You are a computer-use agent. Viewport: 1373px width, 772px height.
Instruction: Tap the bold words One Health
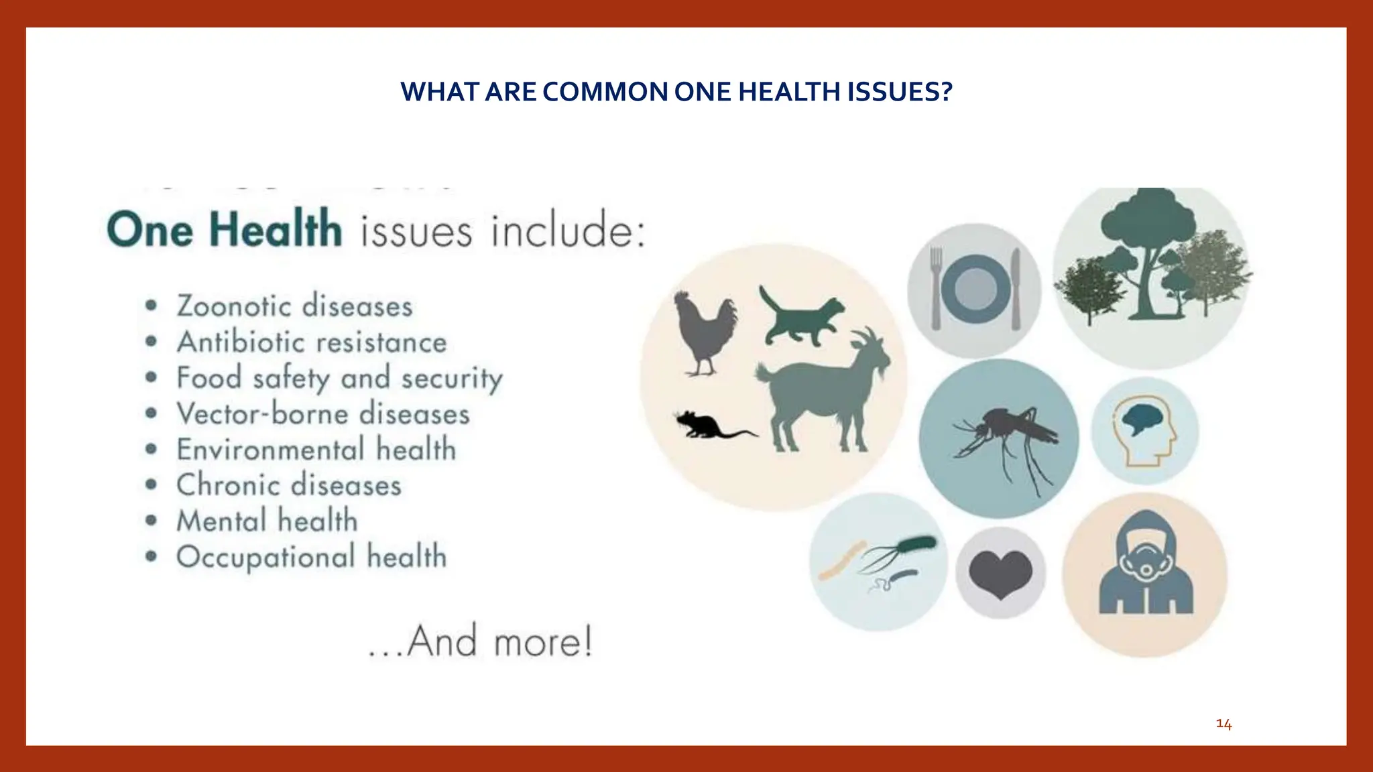tap(224, 230)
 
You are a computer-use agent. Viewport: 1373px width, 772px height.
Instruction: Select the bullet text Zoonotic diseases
tap(294, 306)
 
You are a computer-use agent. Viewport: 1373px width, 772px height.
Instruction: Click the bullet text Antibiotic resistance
tap(312, 342)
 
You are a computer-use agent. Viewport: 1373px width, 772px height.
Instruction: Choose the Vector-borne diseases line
tap(323, 414)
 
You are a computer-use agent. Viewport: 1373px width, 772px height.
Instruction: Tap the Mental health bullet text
tap(267, 521)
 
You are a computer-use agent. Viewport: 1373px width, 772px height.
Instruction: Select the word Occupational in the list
tap(265, 558)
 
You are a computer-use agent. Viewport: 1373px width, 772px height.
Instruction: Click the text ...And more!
tap(480, 641)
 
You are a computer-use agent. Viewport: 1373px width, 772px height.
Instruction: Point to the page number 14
tap(1223, 724)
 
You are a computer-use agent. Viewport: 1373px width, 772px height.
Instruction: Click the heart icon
tap(1001, 574)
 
